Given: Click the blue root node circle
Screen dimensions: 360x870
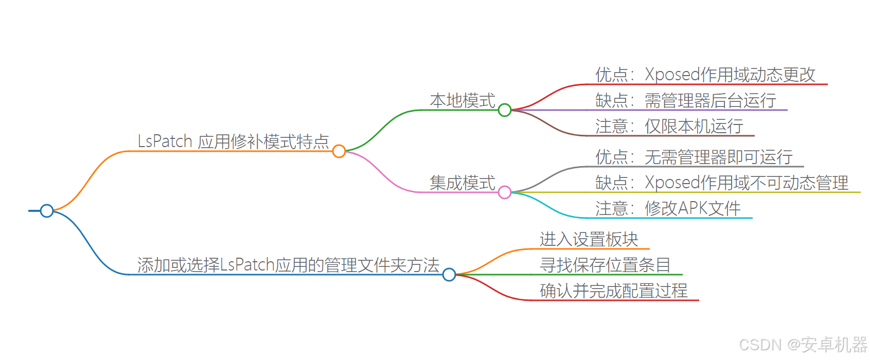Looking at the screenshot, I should pyautogui.click(x=47, y=211).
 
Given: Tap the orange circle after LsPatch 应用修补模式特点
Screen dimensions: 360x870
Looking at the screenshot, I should pyautogui.click(x=339, y=151).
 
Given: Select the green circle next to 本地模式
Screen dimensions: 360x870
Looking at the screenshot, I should pyautogui.click(x=505, y=110).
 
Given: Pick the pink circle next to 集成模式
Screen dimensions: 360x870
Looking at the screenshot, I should pyautogui.click(x=505, y=192).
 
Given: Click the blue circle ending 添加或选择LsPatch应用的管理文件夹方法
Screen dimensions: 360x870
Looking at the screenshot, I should pyautogui.click(x=449, y=275).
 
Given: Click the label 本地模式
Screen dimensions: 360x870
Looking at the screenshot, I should pyautogui.click(x=462, y=101).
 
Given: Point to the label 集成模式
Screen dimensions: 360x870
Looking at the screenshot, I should pyautogui.click(x=462, y=183).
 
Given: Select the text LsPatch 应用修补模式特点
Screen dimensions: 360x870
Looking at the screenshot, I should pyautogui.click(x=233, y=141).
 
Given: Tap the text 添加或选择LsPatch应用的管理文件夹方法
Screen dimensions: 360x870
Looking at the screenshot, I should pyautogui.click(x=288, y=265).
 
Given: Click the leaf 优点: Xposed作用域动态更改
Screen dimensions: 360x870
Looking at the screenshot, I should pyautogui.click(x=705, y=75).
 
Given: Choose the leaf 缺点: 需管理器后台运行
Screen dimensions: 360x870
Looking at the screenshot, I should pyautogui.click(x=685, y=101).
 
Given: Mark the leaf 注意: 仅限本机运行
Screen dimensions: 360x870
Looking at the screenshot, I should pyautogui.click(x=669, y=127).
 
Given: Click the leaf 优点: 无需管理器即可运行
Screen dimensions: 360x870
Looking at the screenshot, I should pyautogui.click(x=694, y=157).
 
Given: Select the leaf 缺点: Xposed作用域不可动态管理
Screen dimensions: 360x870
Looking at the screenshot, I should pyautogui.click(x=721, y=183).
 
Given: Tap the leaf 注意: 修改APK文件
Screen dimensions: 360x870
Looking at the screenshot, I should pyautogui.click(x=668, y=209).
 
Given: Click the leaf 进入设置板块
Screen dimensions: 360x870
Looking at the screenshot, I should pyautogui.click(x=589, y=240).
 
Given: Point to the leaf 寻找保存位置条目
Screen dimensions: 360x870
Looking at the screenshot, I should pyautogui.click(x=605, y=265).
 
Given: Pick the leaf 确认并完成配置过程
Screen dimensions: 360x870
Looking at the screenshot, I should pyautogui.click(x=613, y=291).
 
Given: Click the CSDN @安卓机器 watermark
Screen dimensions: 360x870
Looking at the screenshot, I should pyautogui.click(x=803, y=345).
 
